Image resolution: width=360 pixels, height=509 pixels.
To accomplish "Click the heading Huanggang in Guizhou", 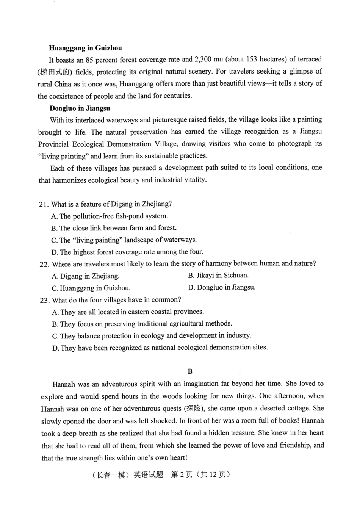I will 85,48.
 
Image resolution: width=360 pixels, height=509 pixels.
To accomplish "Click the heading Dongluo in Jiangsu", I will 80,108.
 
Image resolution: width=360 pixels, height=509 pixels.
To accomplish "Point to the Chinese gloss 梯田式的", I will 55,72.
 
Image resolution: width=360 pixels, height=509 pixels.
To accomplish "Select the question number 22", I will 44,264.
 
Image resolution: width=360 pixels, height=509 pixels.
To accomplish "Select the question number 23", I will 44,300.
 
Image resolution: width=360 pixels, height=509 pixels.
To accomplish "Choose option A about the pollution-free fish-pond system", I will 110,216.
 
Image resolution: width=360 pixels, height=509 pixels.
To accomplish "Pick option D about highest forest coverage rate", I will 127,252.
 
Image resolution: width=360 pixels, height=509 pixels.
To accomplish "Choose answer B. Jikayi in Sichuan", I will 218,276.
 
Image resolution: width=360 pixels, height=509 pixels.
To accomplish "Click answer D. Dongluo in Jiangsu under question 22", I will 222,287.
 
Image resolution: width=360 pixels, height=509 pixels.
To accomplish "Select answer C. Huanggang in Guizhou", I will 91,288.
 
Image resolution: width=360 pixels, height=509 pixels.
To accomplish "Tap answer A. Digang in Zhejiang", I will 86,276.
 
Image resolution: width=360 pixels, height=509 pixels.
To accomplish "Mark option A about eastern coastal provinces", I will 128,312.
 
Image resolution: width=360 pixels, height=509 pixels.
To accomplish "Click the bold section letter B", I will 190,371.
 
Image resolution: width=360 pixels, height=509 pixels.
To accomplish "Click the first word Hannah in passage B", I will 64,384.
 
